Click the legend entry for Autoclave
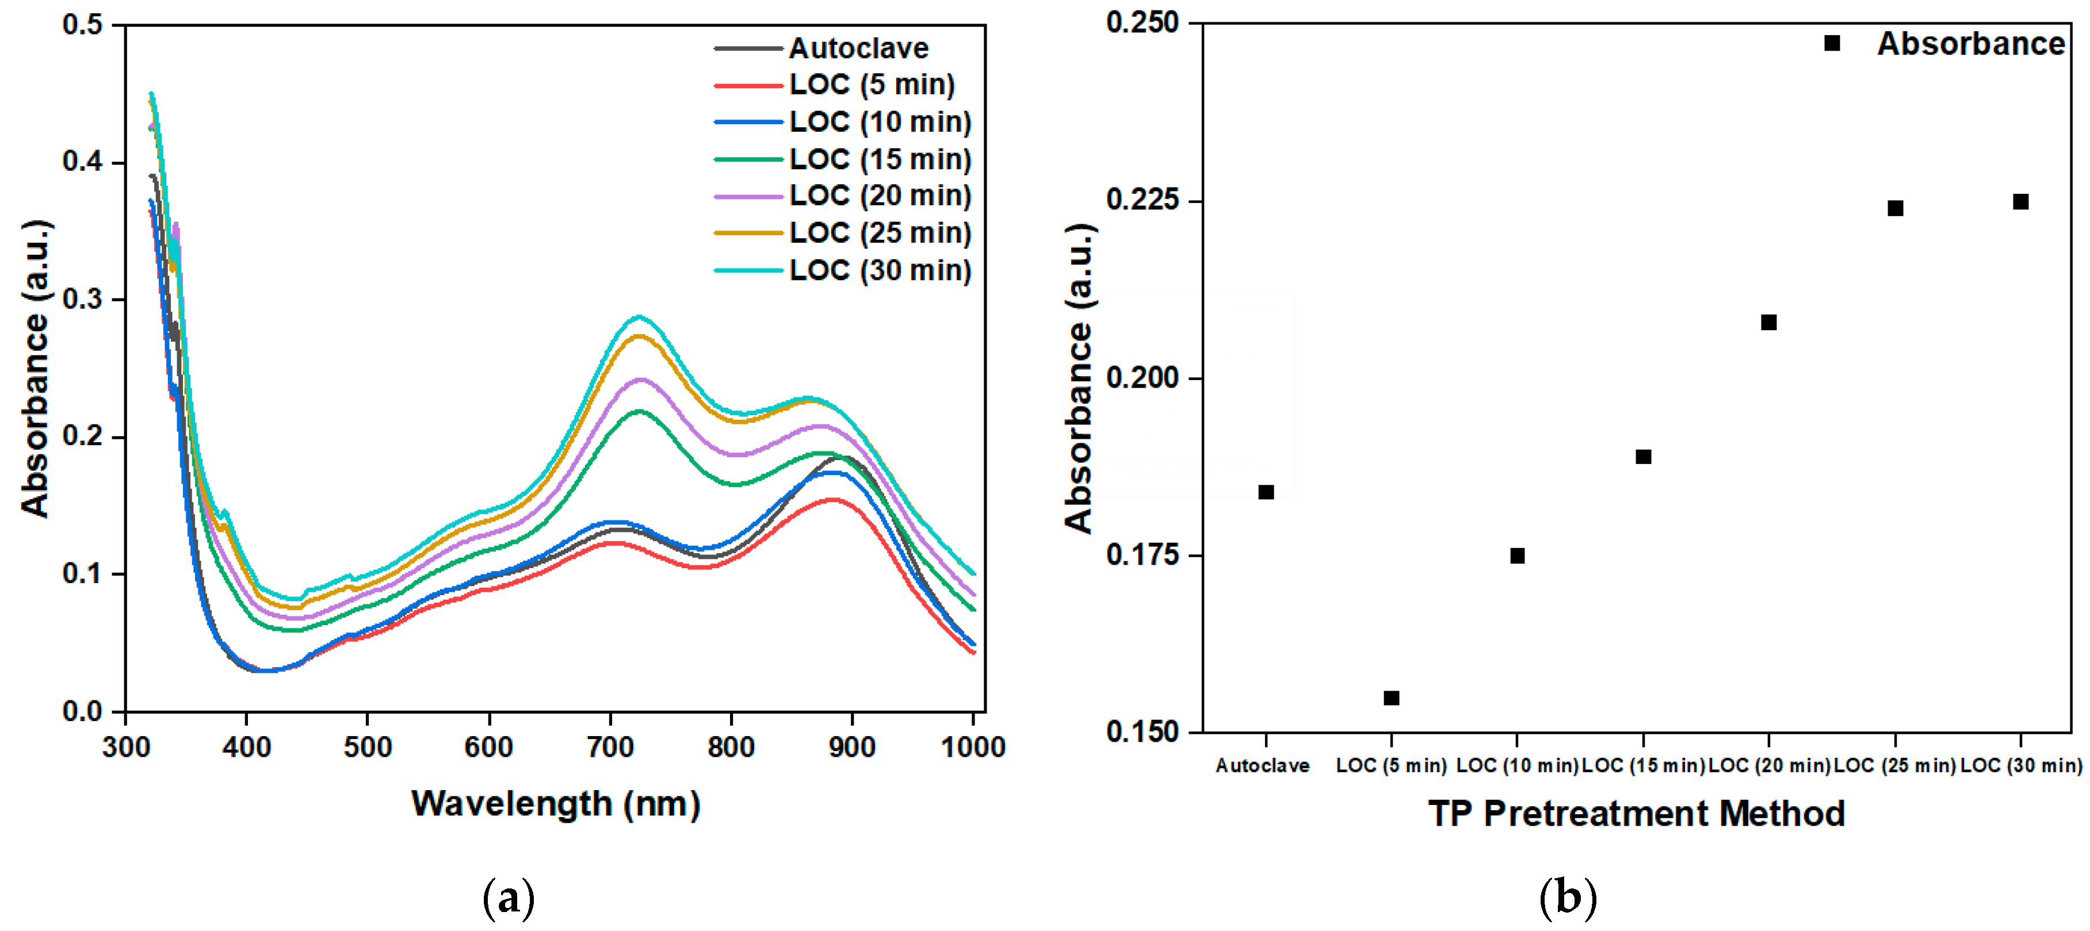858,49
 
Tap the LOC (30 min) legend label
880,270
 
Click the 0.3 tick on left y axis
83,299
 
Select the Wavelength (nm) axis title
556,804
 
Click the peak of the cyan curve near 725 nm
639,317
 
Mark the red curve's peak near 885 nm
832,500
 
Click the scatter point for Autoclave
1266,492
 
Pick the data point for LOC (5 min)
1392,698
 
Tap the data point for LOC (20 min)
1769,323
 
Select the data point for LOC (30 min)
2021,202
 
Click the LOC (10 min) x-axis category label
1516,765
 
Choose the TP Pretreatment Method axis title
1637,814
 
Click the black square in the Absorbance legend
1832,44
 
